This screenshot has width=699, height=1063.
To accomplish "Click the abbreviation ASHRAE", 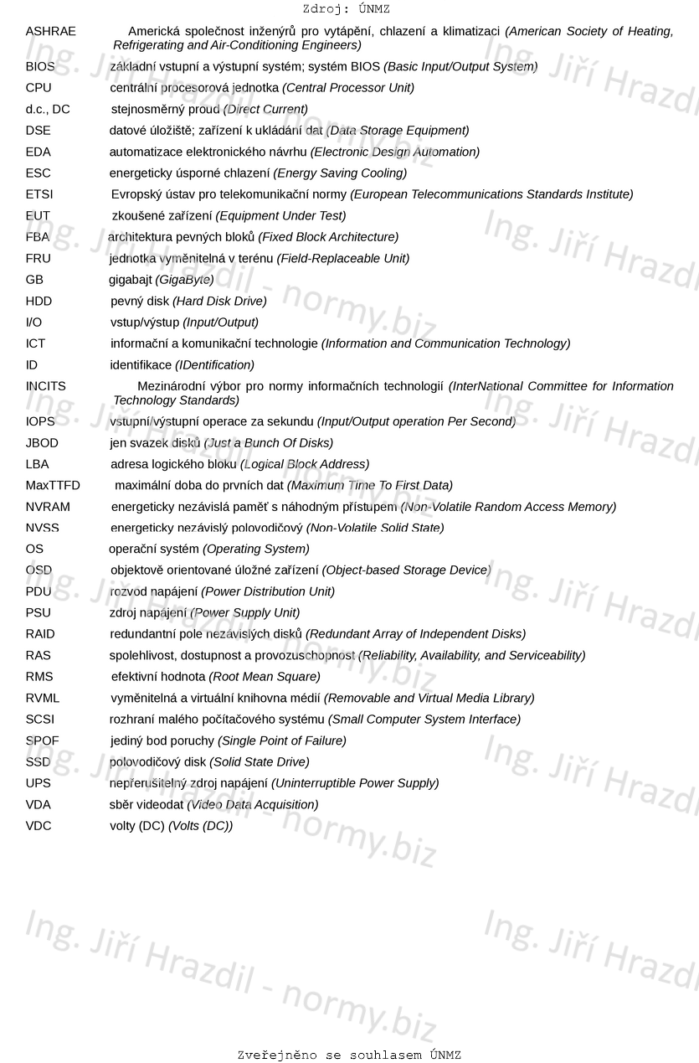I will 50,32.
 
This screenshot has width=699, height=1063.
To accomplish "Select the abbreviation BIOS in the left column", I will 40,66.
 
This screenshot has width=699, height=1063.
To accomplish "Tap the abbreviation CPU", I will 39,88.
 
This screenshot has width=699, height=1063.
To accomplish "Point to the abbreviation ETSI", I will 39,194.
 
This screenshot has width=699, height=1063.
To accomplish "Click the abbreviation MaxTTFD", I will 53,486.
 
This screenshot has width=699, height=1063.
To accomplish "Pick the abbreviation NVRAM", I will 48,507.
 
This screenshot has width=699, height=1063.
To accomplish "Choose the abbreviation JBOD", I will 42,443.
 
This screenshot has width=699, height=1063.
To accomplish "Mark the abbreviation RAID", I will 40,634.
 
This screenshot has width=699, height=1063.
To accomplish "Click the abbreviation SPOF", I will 42,741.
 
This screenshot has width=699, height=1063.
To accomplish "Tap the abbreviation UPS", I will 38,783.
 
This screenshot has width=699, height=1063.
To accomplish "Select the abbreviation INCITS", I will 45,386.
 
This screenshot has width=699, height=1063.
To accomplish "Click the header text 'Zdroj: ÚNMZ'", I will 346,9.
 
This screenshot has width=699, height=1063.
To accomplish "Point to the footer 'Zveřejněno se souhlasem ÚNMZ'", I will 349,1055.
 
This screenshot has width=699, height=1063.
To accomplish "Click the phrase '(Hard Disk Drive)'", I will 219,301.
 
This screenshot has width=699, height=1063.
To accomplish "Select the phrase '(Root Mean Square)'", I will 265,677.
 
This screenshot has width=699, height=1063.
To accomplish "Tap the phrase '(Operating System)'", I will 256,550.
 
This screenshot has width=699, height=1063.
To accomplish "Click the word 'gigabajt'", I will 131,280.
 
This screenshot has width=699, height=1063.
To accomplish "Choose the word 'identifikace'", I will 141,365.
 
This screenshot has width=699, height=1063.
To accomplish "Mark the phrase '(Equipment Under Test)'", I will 280,216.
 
